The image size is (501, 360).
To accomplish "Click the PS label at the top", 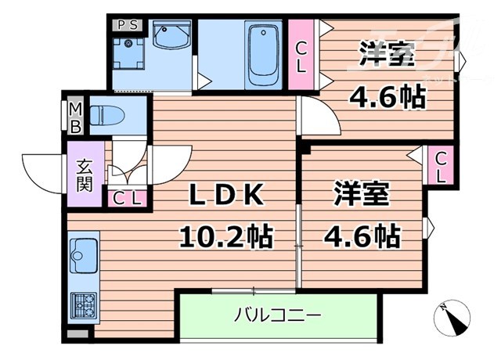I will (x=128, y=24).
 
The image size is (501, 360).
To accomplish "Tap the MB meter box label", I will (x=77, y=117).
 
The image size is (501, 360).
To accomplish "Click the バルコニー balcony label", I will (x=277, y=316).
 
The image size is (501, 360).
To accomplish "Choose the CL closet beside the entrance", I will (x=127, y=197).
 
